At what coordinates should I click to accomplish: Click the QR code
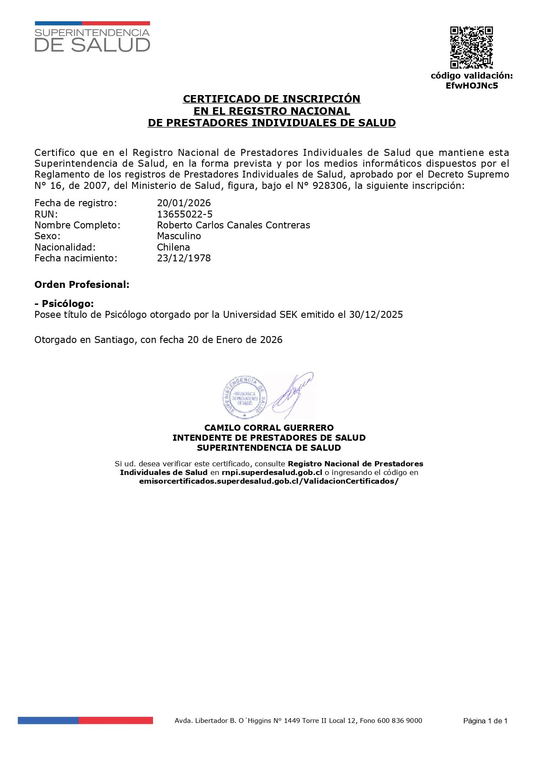coord(471,47)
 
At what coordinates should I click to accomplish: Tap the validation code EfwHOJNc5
coord(472,86)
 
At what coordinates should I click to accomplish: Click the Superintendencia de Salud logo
coord(92,37)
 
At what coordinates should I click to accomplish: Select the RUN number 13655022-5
coord(185,214)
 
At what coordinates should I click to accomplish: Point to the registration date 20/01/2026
coord(184,203)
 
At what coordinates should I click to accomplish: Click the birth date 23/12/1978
coord(184,258)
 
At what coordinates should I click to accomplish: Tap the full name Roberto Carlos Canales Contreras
coord(233,225)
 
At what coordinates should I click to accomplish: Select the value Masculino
coord(179,236)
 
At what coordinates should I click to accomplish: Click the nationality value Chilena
coord(173,247)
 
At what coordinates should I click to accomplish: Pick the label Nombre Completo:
coord(77,225)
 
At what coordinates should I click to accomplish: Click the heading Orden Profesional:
coord(82,284)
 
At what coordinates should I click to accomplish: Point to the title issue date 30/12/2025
coord(376,314)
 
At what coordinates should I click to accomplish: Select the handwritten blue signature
coord(294,393)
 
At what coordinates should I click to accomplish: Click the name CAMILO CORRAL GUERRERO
coord(269,428)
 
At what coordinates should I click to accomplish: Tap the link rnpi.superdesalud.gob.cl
coord(272,472)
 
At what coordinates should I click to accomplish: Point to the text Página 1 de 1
coord(485,721)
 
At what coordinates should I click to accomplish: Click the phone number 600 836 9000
coord(399,720)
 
